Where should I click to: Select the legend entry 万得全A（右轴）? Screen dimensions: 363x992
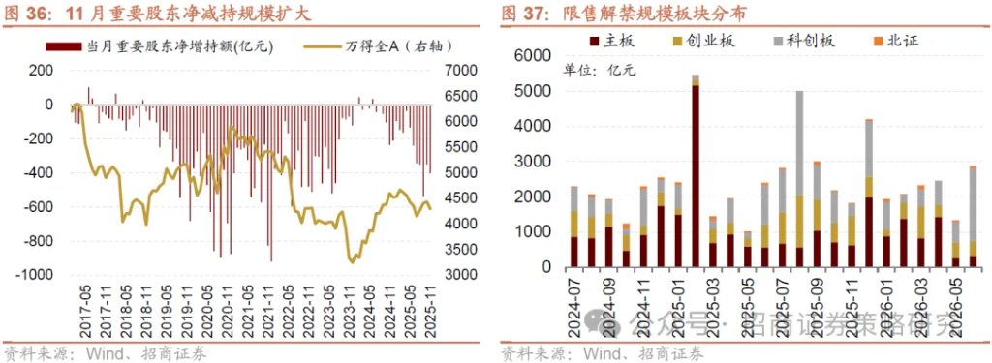tap(378, 46)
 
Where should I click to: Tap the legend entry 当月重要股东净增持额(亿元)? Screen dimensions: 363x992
tap(165, 46)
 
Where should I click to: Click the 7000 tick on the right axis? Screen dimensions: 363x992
tap(459, 71)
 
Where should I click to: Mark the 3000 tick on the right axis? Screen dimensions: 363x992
tap(459, 275)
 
